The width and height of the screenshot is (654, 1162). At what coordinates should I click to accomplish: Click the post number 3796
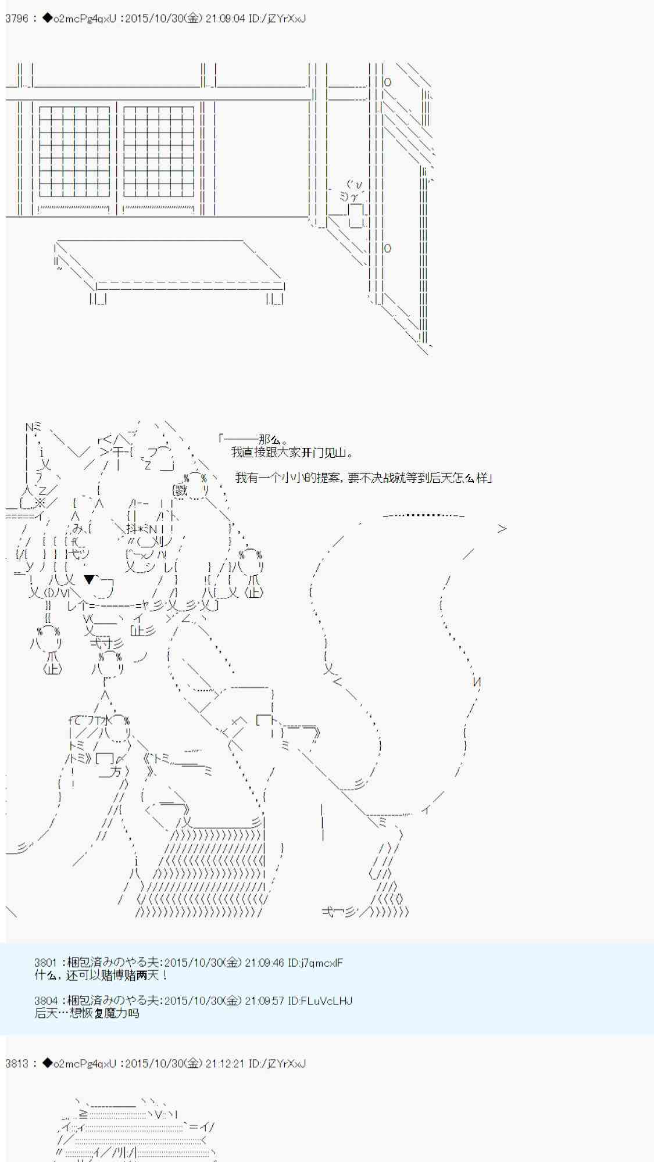pos(16,19)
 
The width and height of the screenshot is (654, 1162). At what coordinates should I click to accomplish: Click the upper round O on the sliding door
pos(388,83)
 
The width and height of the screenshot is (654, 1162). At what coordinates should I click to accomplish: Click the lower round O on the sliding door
pos(388,248)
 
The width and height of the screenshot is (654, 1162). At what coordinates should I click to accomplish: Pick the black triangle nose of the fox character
pos(89,579)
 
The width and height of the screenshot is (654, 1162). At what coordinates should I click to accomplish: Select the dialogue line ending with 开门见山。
pos(292,453)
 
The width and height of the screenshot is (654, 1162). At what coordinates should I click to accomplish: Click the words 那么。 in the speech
pos(273,440)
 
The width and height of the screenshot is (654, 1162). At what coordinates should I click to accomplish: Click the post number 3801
pos(46,963)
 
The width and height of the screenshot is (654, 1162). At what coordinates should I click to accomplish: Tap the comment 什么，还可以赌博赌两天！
pos(102,975)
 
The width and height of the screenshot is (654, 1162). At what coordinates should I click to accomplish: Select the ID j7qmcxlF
pos(322,963)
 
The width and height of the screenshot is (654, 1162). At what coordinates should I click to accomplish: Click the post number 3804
pos(46,1001)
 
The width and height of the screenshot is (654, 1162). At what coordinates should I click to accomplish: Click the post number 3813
pos(16,1064)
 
